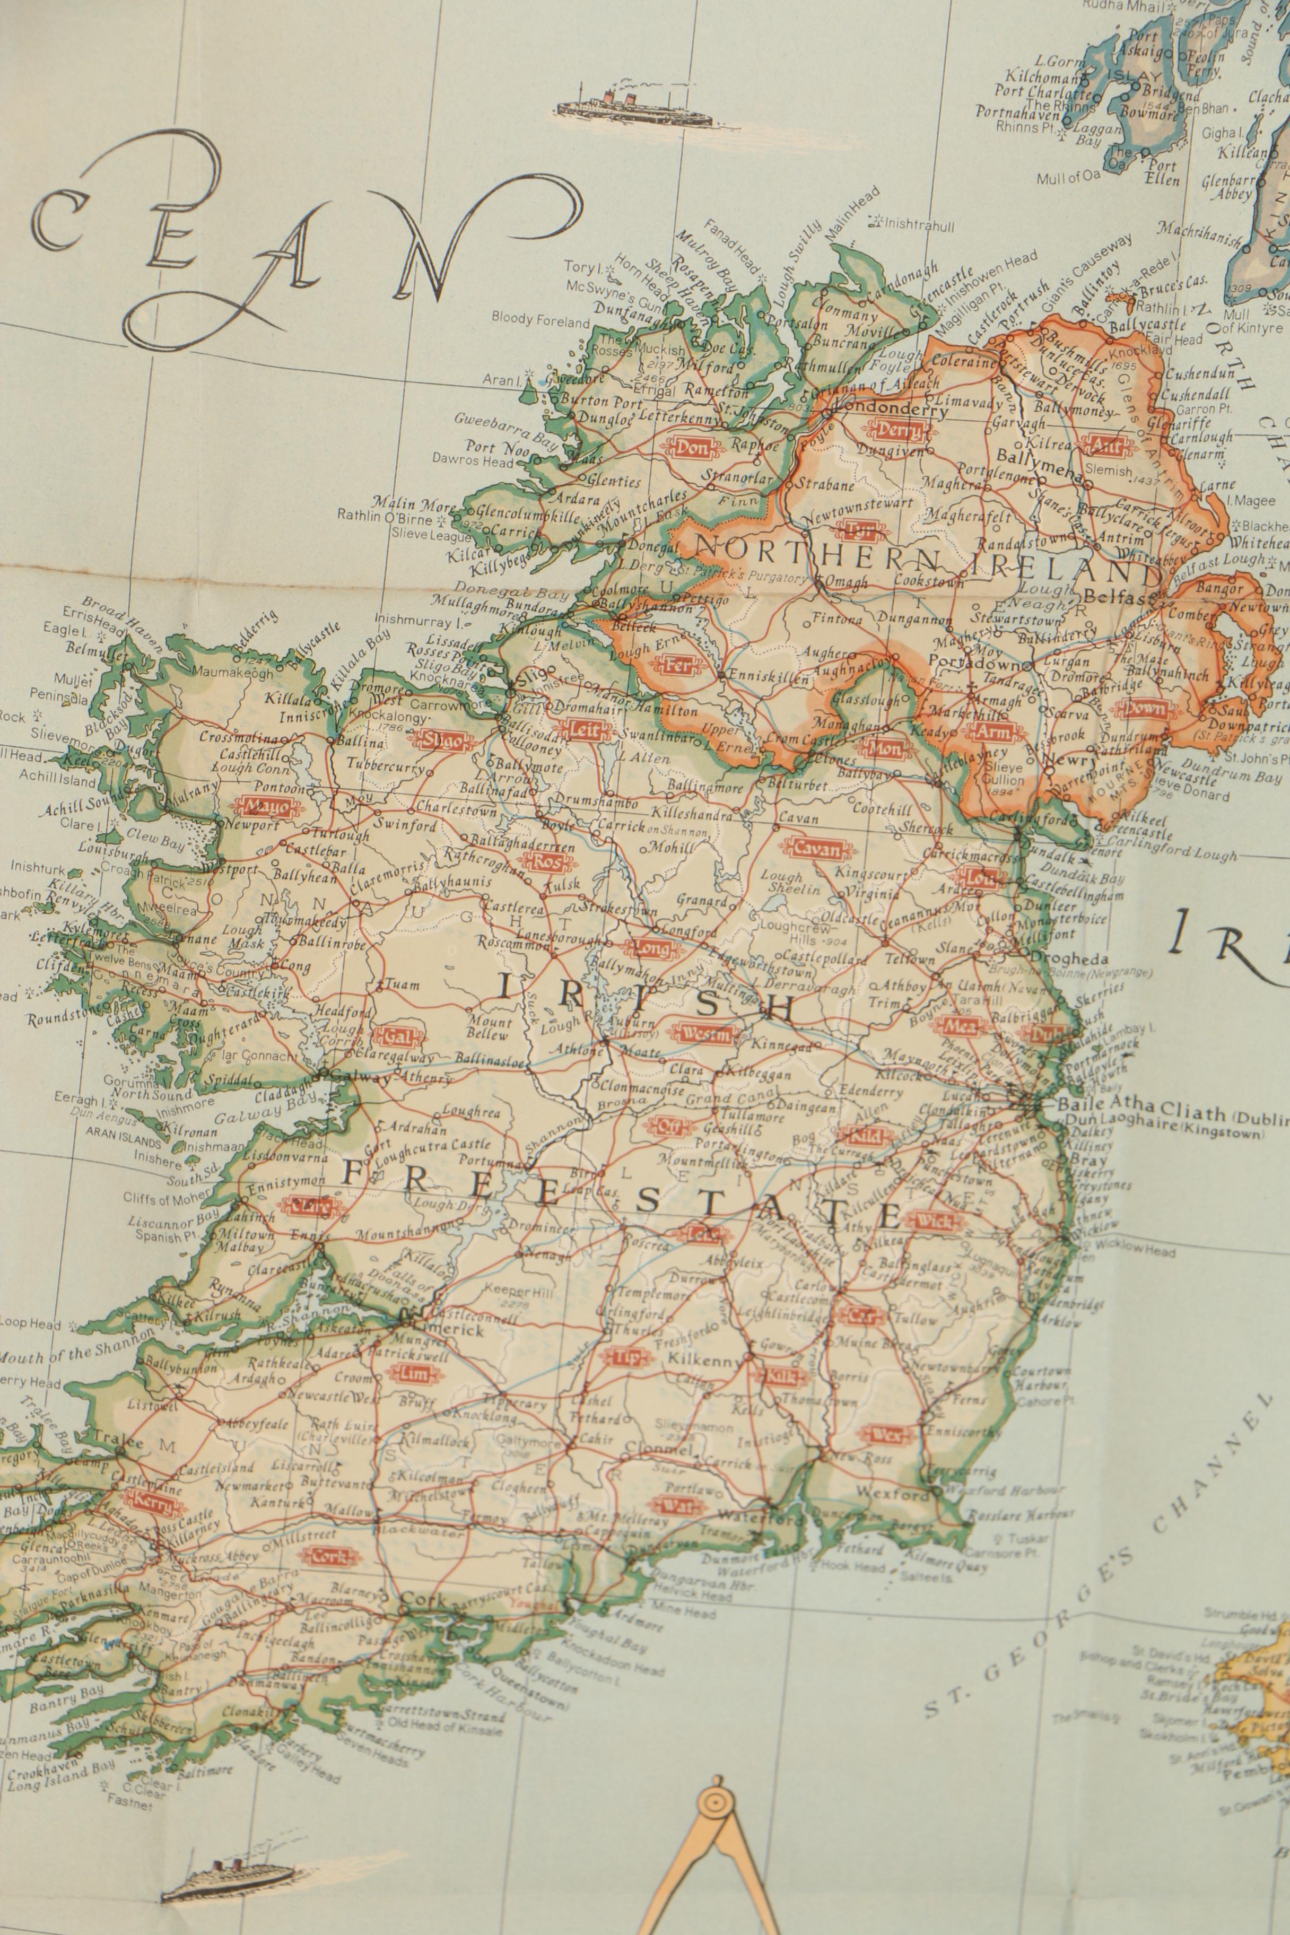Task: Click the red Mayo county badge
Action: click(x=262, y=807)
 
